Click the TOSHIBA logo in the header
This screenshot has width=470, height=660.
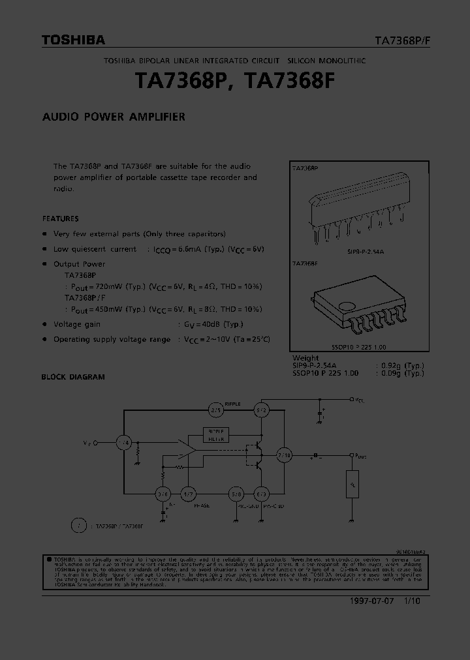[73, 40]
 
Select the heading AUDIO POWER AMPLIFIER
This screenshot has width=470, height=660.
[114, 117]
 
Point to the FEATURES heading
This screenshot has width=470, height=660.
[60, 218]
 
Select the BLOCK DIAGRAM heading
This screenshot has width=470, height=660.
[73, 377]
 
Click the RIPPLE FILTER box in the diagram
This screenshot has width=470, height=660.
[215, 434]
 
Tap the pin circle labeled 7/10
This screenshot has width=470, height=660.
[285, 455]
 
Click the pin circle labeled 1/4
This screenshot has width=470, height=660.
[124, 443]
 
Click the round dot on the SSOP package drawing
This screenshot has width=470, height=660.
[351, 305]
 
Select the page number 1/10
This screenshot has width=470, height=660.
[412, 601]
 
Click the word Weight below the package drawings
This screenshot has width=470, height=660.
[305, 358]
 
